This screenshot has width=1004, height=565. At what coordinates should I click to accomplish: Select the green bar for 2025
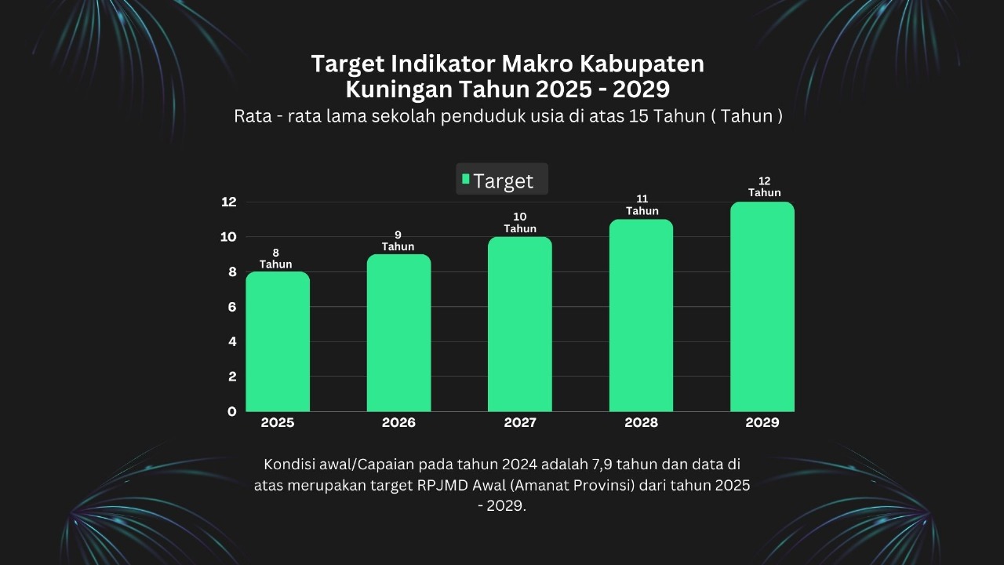click(x=278, y=341)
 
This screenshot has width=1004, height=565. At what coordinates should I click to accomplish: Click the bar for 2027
click(x=520, y=324)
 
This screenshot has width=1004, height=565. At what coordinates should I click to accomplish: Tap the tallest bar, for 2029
click(x=762, y=307)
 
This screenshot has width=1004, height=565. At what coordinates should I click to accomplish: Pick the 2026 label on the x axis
click(x=398, y=423)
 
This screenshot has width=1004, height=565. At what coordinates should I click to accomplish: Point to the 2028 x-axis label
click(x=642, y=423)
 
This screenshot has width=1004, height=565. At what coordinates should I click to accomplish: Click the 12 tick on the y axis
click(x=228, y=202)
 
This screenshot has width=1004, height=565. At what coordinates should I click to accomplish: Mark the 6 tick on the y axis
click(x=232, y=307)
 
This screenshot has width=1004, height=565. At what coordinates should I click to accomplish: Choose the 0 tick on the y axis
click(x=232, y=411)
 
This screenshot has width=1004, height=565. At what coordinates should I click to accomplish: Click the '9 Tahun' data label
click(x=398, y=241)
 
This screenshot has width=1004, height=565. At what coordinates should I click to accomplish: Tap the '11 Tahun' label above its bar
click(x=642, y=205)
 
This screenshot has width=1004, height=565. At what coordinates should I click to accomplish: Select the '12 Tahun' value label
click(x=764, y=187)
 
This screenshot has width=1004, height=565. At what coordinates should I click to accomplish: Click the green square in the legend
click(x=466, y=179)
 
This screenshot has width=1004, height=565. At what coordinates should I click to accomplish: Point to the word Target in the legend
click(x=503, y=181)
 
